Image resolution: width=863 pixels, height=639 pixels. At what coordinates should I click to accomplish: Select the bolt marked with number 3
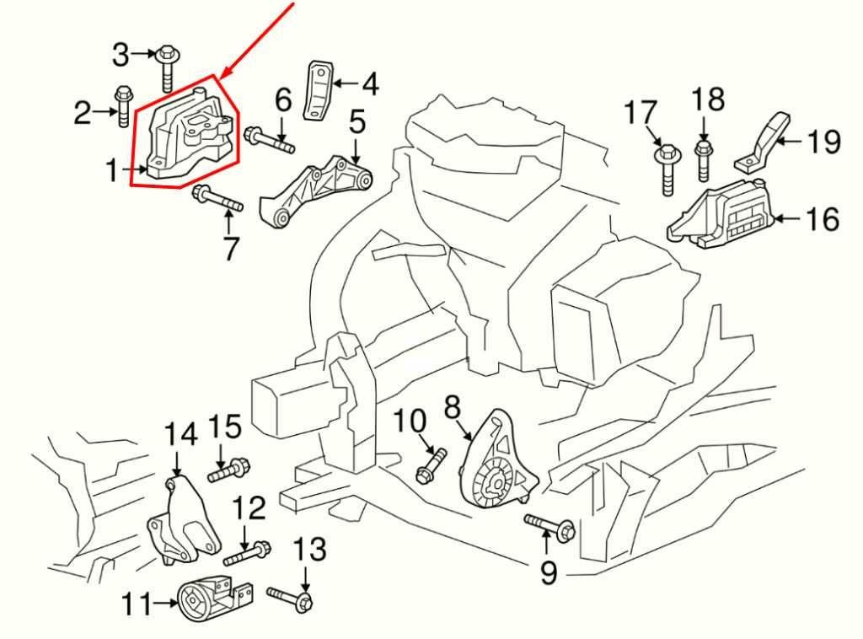pos(165,68)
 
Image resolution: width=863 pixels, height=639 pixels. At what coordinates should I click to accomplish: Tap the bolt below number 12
pos(247,553)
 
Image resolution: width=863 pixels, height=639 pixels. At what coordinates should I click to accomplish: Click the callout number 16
pos(822,220)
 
